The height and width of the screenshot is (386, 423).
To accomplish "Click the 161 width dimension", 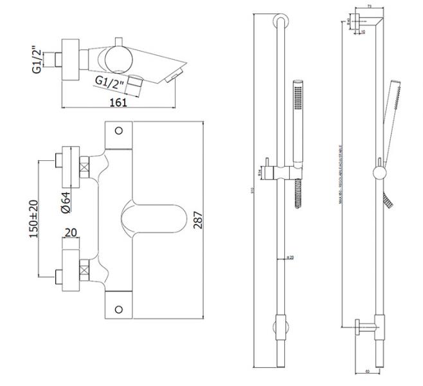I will [x=117, y=101].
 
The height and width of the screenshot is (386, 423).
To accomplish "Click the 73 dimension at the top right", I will [x=369, y=6].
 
